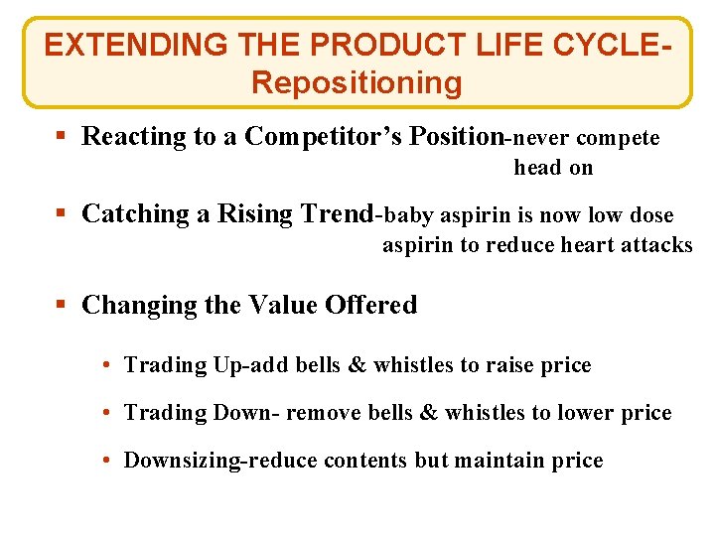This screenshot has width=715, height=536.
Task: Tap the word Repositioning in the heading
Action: point(357,82)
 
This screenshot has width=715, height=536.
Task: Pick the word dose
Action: point(652,214)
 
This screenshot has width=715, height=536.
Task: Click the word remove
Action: point(320,413)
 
